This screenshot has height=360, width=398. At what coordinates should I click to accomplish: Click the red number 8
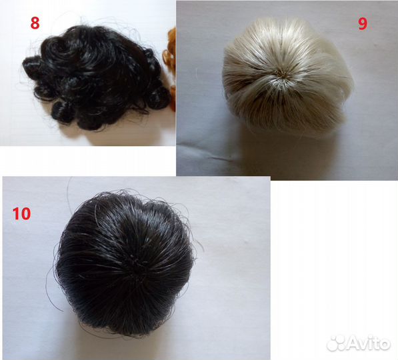(35, 23)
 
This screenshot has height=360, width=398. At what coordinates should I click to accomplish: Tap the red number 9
(363, 24)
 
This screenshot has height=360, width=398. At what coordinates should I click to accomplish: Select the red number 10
(21, 213)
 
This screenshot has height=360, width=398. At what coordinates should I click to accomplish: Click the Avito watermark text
(369, 343)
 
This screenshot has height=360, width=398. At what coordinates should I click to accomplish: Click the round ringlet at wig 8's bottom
(63, 112)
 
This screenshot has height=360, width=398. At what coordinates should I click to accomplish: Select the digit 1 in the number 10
(16, 213)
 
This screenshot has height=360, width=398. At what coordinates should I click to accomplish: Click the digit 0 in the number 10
(26, 213)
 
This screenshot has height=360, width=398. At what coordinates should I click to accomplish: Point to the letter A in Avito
(354, 343)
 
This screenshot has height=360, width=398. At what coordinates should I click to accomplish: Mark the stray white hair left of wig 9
(197, 73)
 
